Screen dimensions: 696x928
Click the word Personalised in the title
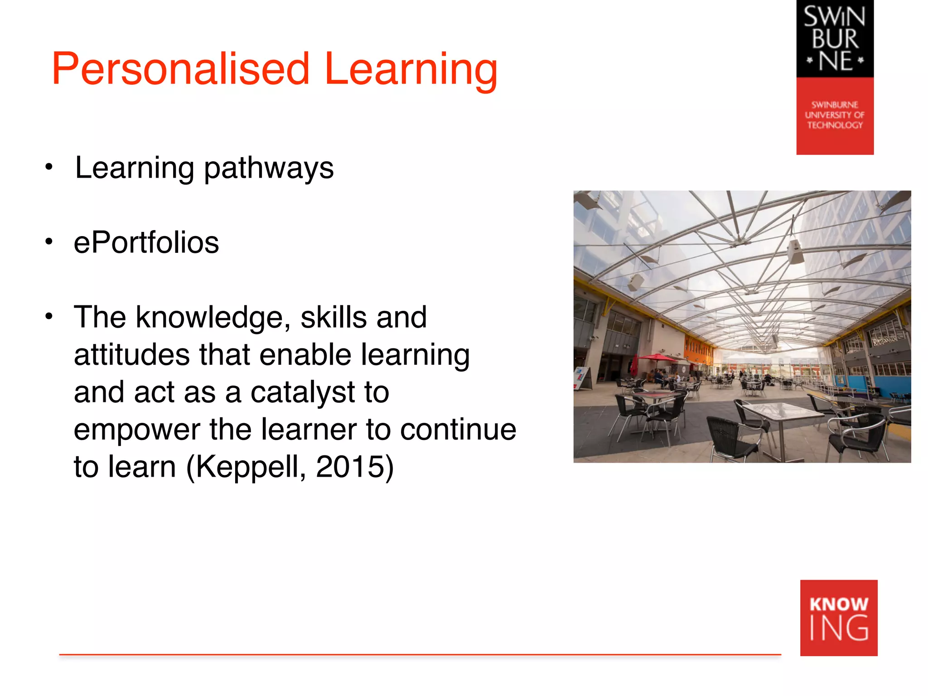pyautogui.click(x=180, y=69)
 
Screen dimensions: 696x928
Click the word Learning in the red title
pyautogui.click(x=411, y=69)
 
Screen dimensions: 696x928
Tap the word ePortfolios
pyautogui.click(x=146, y=242)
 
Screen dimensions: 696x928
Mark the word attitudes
pyautogui.click(x=131, y=354)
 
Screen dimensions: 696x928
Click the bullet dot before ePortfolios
pyautogui.click(x=49, y=242)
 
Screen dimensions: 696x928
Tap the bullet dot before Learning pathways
pyautogui.click(x=49, y=167)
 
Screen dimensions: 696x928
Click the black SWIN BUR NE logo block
pyautogui.click(x=835, y=39)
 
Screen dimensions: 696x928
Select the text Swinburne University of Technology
pyautogui.click(x=835, y=115)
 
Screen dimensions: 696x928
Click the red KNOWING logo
pyautogui.click(x=838, y=618)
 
